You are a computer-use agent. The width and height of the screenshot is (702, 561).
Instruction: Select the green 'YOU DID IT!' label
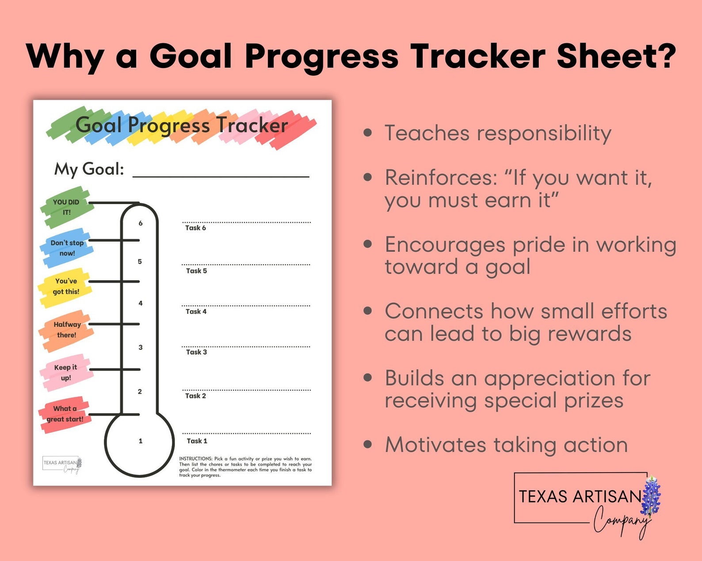[x=66, y=207]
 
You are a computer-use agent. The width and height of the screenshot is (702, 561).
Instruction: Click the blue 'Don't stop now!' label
[x=67, y=248]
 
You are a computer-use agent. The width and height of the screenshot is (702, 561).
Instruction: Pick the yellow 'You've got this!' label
[x=66, y=286]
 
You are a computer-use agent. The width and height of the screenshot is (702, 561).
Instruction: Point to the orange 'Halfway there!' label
[x=67, y=330]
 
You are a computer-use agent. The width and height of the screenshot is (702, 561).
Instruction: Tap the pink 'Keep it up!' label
[x=66, y=372]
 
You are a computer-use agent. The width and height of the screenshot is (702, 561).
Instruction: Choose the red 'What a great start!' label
[x=65, y=414]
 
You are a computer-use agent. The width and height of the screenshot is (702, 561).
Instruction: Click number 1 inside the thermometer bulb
[x=141, y=441]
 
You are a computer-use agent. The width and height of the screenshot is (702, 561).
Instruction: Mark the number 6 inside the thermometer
[x=141, y=224]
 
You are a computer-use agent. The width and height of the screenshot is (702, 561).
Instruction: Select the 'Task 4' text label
[x=196, y=312]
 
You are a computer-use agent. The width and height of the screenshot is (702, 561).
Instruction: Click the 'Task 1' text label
[x=197, y=441]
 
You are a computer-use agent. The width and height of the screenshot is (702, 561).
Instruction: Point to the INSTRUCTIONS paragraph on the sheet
[x=245, y=467]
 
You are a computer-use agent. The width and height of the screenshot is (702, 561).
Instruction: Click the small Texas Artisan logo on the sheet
[x=62, y=464]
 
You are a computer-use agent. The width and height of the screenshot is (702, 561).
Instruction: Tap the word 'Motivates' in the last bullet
[x=435, y=445]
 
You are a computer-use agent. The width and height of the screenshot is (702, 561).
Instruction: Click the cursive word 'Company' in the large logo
[x=621, y=521]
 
